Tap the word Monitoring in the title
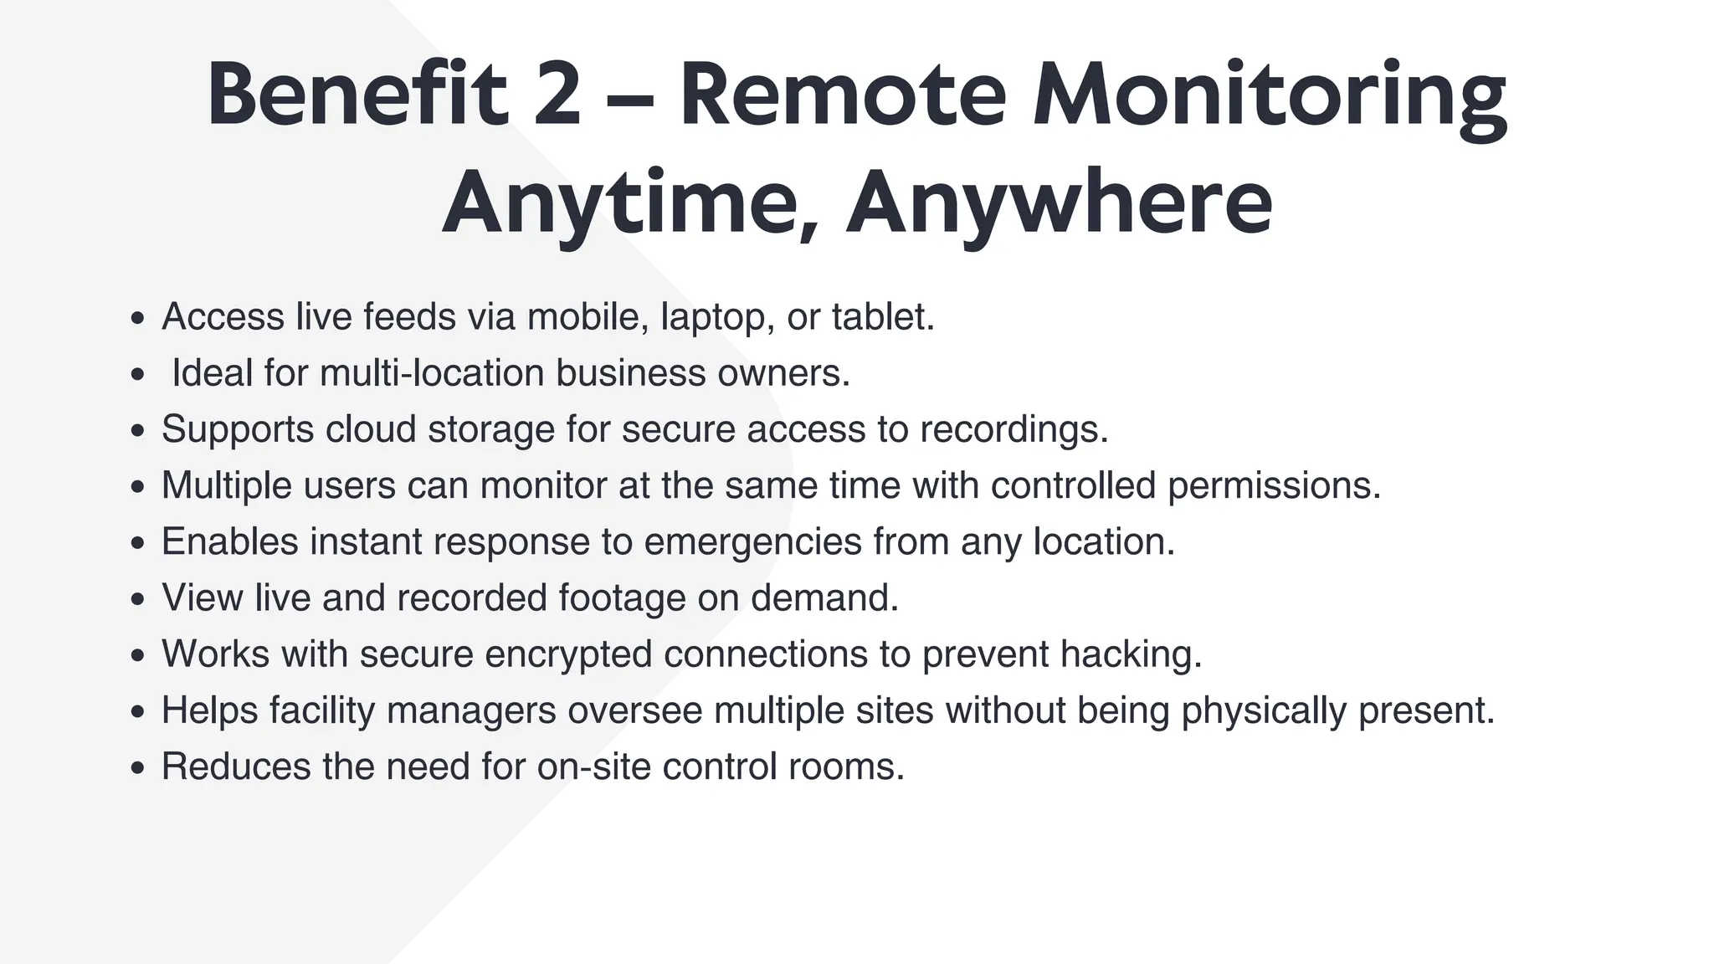pyautogui.click(x=1270, y=96)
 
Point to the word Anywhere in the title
pyautogui.click(x=1059, y=203)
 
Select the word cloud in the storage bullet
pyautogui.click(x=371, y=429)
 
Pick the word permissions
pyautogui.click(x=1273, y=486)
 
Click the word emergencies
pyautogui.click(x=752, y=542)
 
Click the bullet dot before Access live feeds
pyautogui.click(x=138, y=319)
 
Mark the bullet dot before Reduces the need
pyautogui.click(x=138, y=768)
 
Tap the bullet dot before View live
pyautogui.click(x=138, y=600)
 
